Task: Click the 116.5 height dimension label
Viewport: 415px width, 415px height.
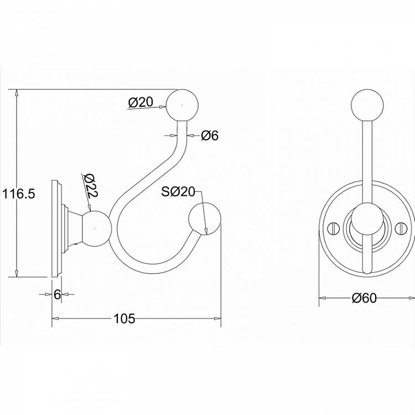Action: point(18,194)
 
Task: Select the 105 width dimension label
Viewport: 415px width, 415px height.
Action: point(124,318)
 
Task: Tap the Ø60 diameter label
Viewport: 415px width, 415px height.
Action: point(364,298)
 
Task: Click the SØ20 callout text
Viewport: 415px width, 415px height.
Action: point(178,191)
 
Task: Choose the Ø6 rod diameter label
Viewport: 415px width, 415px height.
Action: point(210,136)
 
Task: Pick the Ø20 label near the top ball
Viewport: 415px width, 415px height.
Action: point(141,102)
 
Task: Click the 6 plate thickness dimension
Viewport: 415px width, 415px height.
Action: point(57,294)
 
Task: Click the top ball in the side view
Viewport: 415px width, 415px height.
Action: point(183,105)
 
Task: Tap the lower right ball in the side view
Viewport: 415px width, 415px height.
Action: point(205,219)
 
